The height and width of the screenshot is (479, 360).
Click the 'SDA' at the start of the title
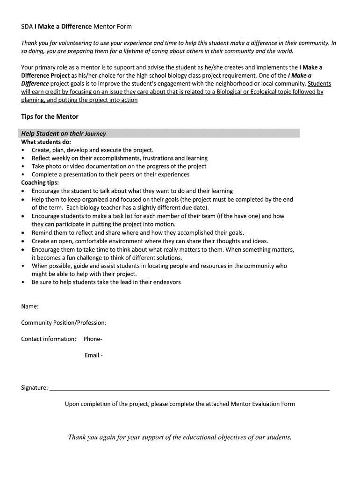27,27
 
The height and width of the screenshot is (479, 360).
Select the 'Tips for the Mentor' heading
50,116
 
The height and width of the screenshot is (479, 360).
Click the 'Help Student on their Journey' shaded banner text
64,133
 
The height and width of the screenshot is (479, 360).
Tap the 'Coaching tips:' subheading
40,183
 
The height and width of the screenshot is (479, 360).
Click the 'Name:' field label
30,306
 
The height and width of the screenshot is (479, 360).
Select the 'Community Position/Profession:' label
64,323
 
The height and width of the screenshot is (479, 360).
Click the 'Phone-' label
93,339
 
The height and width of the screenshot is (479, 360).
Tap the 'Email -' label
94,355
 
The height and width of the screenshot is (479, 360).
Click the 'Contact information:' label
49,339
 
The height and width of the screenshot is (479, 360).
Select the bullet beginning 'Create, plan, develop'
92,150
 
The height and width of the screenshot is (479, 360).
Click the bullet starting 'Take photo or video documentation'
119,166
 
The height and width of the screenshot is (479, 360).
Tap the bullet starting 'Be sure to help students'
106,282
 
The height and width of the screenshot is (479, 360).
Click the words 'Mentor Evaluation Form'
263,404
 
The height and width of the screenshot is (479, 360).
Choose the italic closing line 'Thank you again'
180,437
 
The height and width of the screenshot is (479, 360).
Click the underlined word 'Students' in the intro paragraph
319,84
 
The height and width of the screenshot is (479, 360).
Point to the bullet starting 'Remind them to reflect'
137,232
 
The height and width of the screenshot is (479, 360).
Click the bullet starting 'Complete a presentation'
110,174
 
